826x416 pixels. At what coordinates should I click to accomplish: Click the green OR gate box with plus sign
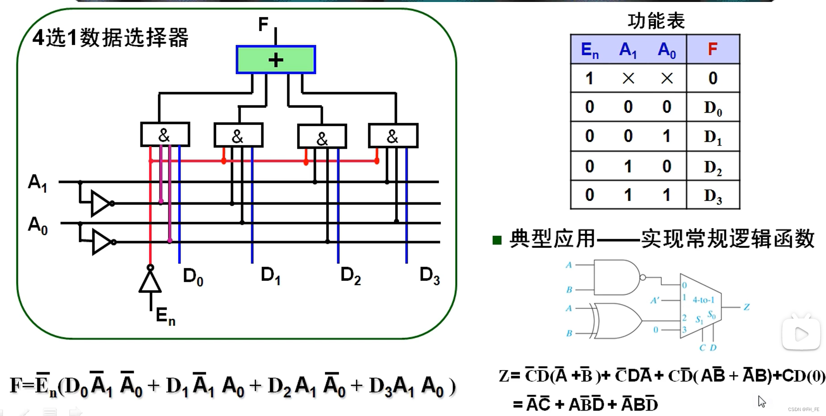click(x=275, y=59)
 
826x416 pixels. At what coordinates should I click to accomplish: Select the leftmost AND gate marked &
click(x=165, y=135)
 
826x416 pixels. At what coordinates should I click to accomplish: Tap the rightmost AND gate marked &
click(x=393, y=136)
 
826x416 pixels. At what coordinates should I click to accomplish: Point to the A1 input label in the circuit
click(x=37, y=183)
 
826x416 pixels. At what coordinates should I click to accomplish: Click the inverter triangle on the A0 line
click(x=102, y=242)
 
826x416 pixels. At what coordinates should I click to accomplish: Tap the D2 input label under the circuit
click(x=350, y=275)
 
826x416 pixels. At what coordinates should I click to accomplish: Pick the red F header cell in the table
click(x=712, y=49)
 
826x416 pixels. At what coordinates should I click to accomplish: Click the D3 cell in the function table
click(x=713, y=196)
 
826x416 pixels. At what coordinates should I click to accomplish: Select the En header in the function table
click(x=589, y=50)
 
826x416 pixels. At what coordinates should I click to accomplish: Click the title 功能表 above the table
click(x=656, y=21)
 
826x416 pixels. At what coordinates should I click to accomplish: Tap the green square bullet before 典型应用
click(x=497, y=240)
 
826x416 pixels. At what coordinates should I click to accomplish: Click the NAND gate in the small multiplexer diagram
click(x=616, y=277)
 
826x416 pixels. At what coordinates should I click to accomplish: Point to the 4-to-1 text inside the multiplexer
click(x=703, y=300)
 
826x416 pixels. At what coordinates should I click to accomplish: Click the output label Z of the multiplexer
click(x=746, y=307)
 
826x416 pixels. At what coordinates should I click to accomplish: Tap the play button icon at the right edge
click(x=801, y=334)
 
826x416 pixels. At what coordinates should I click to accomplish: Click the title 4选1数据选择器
click(x=110, y=37)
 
